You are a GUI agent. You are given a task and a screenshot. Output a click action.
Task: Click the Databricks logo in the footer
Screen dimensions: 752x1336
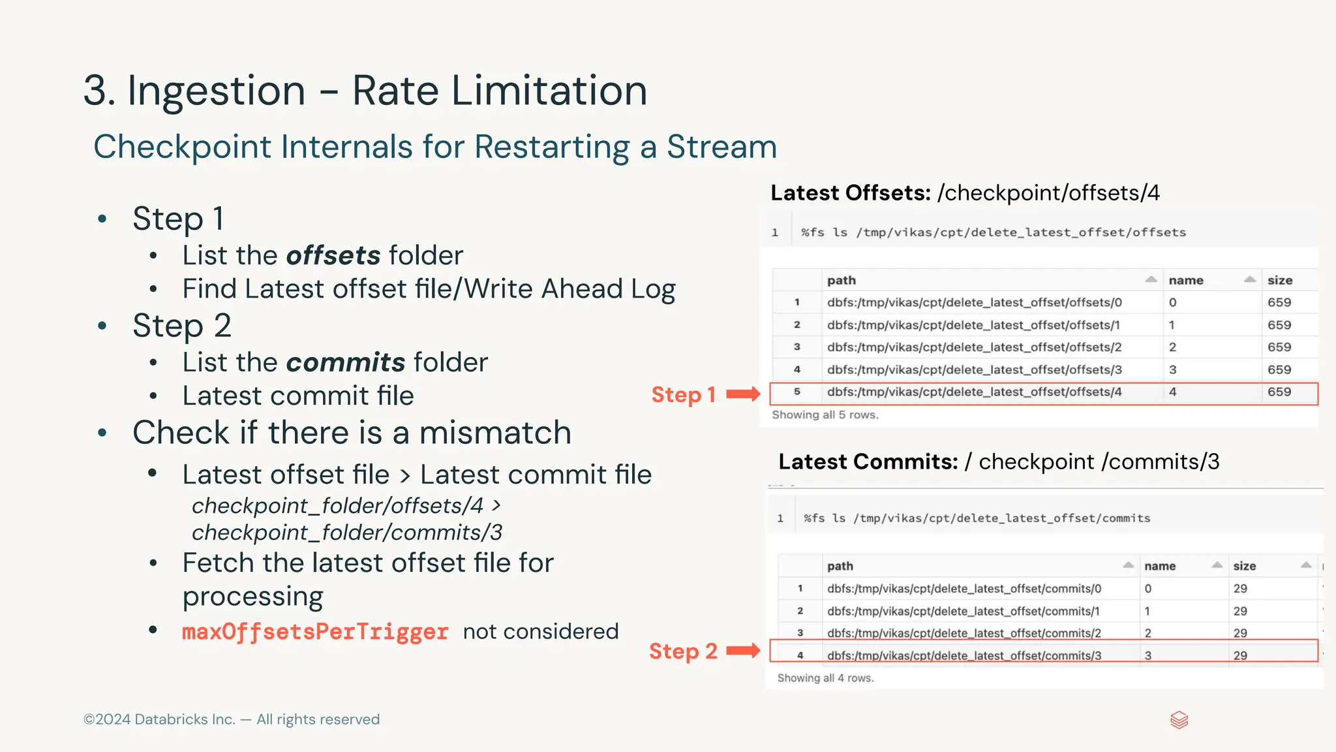tap(1179, 720)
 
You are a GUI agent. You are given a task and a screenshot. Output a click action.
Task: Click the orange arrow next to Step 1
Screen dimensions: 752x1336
tap(743, 394)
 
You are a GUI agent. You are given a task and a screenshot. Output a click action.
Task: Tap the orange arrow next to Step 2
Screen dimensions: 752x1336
tap(743, 650)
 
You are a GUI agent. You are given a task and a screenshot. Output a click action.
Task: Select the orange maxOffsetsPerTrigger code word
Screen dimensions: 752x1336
tap(315, 631)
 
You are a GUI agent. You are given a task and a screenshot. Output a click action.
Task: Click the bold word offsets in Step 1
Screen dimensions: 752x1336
tap(333, 255)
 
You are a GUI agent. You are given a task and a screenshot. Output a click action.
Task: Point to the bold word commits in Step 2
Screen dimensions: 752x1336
tap(346, 362)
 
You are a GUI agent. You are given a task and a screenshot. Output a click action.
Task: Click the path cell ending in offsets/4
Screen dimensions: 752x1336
tap(974, 392)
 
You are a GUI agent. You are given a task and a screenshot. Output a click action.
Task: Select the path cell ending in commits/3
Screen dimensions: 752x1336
tap(964, 655)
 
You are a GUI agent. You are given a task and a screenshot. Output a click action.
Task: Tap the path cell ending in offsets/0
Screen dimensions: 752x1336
tap(974, 302)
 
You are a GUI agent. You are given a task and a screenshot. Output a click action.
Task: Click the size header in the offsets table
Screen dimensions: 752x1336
tap(1279, 280)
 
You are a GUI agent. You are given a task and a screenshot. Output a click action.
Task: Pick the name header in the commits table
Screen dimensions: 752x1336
tap(1160, 566)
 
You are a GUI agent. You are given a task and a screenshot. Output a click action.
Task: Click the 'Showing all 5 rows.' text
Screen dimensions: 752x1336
tap(825, 415)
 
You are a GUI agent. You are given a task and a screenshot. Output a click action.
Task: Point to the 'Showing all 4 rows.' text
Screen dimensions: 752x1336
tap(825, 678)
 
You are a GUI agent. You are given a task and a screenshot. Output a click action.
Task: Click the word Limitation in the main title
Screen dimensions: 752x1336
tap(549, 90)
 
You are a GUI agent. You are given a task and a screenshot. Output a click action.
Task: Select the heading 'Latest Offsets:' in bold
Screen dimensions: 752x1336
tap(850, 193)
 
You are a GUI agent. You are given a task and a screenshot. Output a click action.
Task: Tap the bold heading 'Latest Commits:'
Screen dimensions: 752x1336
tap(868, 462)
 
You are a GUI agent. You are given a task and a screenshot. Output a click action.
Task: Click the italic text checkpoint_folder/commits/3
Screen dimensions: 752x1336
tap(347, 533)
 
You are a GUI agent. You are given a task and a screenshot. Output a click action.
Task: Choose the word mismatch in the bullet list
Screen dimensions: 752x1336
tap(495, 433)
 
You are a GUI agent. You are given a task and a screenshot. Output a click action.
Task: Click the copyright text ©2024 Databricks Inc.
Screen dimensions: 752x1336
tap(159, 719)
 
